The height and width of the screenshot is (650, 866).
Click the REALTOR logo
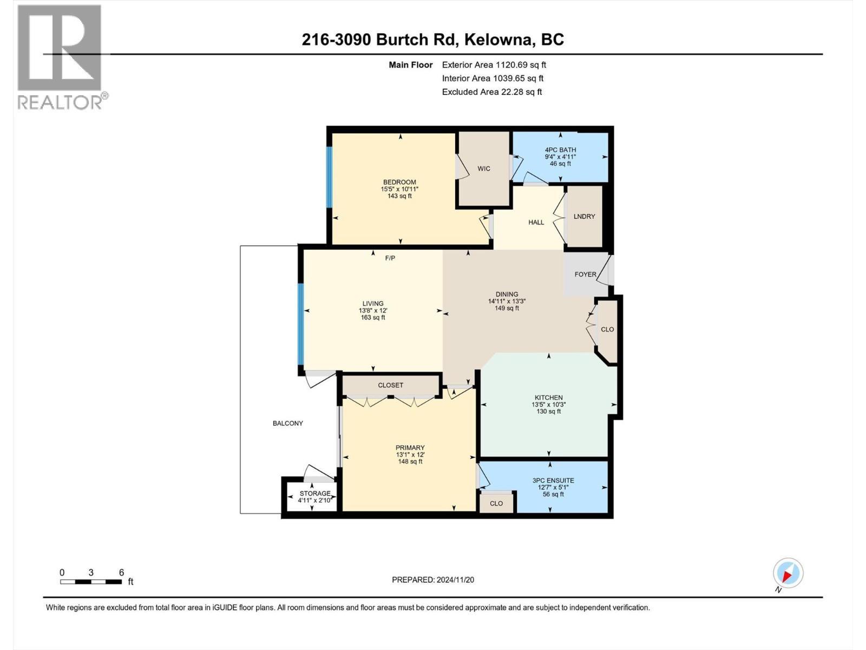[60, 57]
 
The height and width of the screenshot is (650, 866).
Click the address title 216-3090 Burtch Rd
[433, 40]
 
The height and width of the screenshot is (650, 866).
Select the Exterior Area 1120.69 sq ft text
[494, 64]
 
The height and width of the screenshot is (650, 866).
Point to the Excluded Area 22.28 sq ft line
[491, 92]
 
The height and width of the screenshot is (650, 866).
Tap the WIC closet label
[484, 168]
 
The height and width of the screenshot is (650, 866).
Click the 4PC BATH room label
[560, 150]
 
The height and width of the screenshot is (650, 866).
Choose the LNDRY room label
[584, 216]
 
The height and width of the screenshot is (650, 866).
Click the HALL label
[536, 222]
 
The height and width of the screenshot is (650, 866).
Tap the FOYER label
[585, 275]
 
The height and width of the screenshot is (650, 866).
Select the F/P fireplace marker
[390, 258]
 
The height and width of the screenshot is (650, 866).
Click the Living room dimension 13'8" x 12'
[373, 310]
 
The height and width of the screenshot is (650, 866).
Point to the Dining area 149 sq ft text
[507, 308]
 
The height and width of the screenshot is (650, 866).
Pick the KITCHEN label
[548, 398]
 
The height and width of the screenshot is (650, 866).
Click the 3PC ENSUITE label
[553, 480]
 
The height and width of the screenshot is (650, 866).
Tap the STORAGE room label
[315, 493]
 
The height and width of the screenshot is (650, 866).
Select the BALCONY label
[287, 423]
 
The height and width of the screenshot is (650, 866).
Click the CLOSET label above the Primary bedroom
[390, 385]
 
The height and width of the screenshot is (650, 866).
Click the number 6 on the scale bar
[121, 573]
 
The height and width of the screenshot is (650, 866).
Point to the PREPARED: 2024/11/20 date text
[433, 580]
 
